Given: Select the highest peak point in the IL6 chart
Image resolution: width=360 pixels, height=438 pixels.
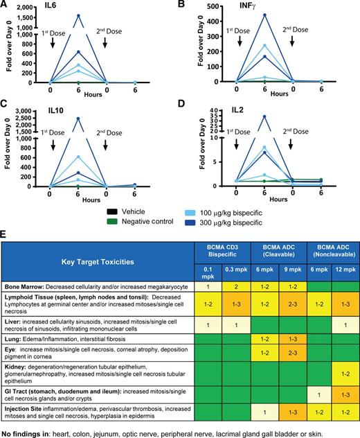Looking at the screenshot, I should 78,15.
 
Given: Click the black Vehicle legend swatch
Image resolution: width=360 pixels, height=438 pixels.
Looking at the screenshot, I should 115,209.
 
